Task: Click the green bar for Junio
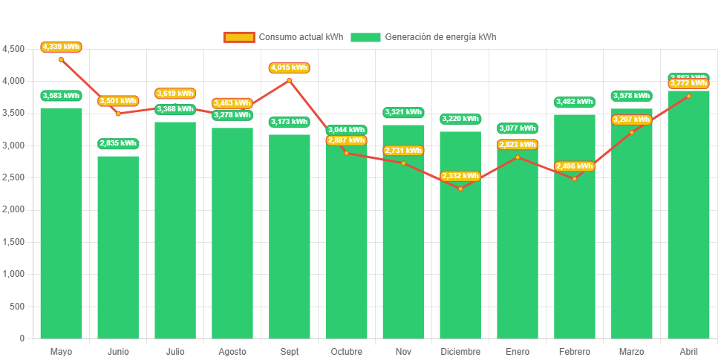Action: (x=118, y=247)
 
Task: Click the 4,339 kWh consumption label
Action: (x=61, y=47)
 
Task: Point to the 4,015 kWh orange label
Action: (x=290, y=68)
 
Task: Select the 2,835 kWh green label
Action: (x=118, y=143)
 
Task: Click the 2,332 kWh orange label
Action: (x=460, y=176)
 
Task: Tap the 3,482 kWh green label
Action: (x=574, y=102)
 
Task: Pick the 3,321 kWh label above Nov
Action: (x=403, y=112)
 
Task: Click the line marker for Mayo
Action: (x=61, y=59)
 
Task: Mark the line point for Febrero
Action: (x=574, y=179)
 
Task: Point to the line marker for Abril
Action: (x=688, y=96)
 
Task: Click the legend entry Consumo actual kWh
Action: (x=284, y=37)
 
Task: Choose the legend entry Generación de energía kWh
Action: (x=424, y=37)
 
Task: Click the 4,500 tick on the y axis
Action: (x=13, y=49)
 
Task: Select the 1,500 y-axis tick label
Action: (x=13, y=242)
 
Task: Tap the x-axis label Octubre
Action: (x=346, y=351)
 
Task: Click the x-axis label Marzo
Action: (x=631, y=351)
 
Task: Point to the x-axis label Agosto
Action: (x=232, y=351)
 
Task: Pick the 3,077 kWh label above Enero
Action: (x=518, y=128)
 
